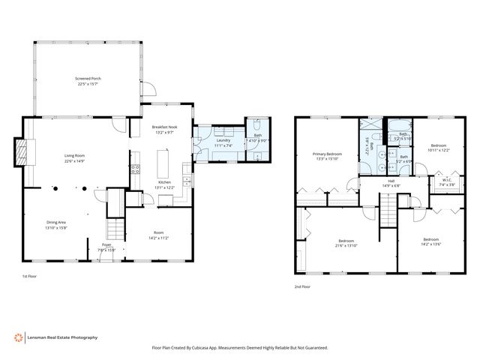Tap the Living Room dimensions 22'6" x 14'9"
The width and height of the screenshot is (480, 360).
79,160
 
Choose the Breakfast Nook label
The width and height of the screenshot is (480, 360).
163,127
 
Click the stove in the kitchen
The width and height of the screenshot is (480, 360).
136,169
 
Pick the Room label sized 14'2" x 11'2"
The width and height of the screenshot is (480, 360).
159,232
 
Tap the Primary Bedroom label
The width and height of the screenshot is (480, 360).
327,154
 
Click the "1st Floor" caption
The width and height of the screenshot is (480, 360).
31,277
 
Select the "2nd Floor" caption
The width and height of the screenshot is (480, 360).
303,286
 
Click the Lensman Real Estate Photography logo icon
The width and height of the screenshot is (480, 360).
18,337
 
